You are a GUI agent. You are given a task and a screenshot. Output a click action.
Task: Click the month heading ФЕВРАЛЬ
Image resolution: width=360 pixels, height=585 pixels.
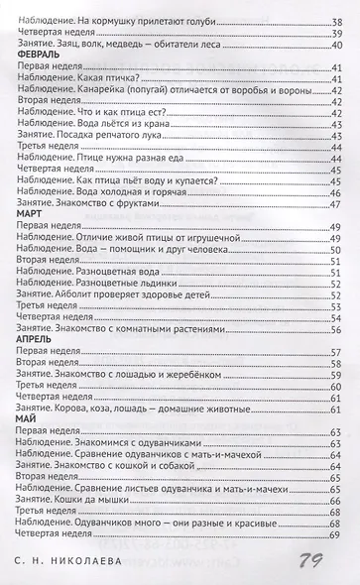(40, 56)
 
